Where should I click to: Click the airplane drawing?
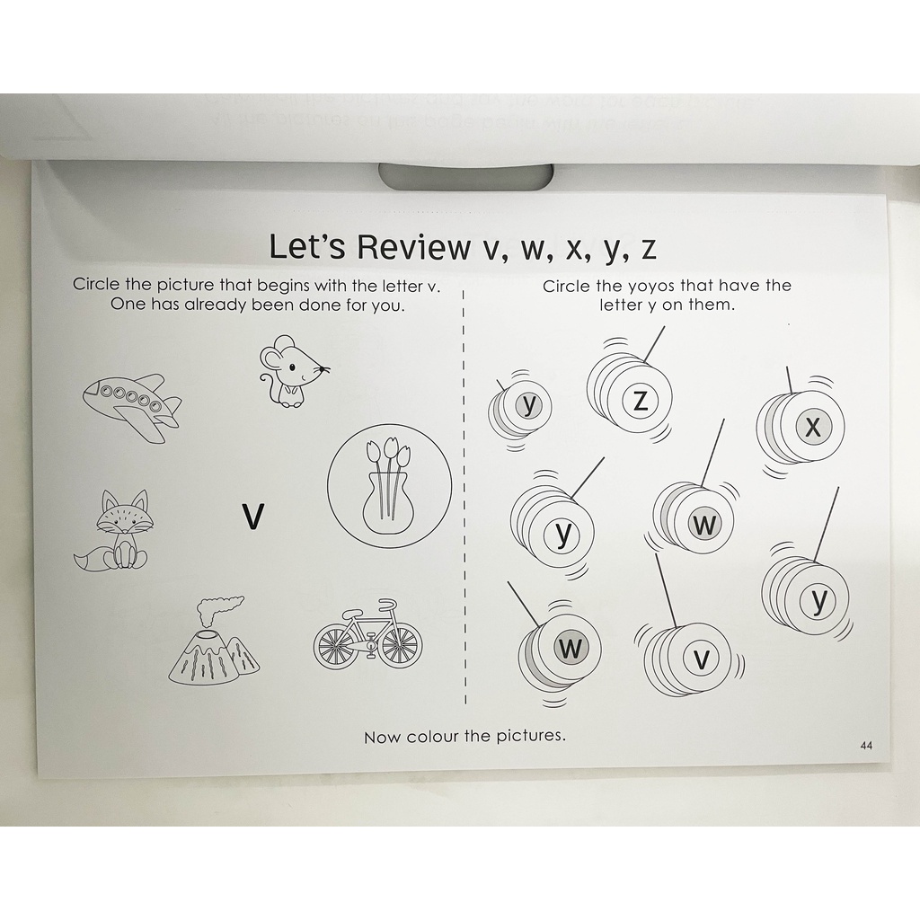(x=132, y=406)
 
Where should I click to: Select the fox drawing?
(x=115, y=531)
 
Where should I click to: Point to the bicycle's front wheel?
(x=401, y=645)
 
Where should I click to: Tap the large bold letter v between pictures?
(x=253, y=517)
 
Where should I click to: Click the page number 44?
(x=866, y=745)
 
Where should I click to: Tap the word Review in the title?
(x=413, y=246)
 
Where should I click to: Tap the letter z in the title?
(x=648, y=249)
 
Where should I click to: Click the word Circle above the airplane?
(x=96, y=285)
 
